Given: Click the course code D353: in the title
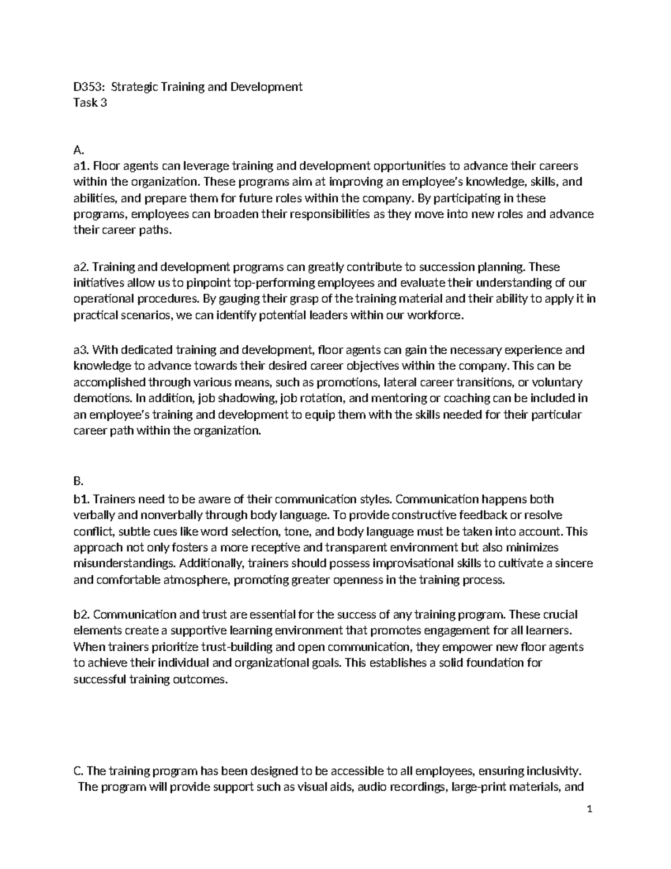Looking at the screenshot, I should click(x=89, y=87).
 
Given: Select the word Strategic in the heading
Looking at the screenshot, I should click(x=134, y=87).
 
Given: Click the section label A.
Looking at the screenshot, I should click(x=78, y=149).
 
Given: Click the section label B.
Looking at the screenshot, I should click(x=78, y=482).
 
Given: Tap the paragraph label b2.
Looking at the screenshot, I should click(x=82, y=614).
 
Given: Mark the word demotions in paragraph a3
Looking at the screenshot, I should click(x=95, y=399).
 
